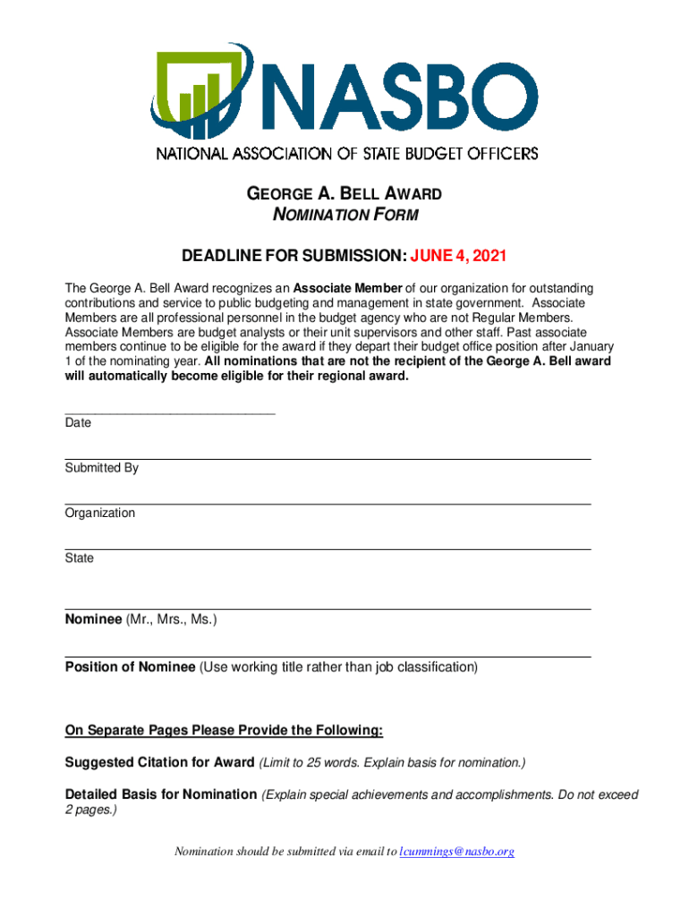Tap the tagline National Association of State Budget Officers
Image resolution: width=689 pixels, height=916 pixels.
(347, 153)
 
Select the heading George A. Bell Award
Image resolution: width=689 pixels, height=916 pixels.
(344, 194)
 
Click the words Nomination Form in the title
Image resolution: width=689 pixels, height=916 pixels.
(344, 215)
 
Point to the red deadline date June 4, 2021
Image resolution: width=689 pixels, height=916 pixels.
(458, 257)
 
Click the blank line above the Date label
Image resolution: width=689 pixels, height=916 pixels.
(170, 413)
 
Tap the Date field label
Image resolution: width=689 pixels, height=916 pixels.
(78, 423)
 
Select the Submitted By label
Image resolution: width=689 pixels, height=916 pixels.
(101, 468)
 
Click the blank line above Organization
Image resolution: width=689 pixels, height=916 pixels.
(327, 504)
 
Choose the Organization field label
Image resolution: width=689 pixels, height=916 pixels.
(99, 513)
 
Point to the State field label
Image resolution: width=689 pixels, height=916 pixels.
(79, 558)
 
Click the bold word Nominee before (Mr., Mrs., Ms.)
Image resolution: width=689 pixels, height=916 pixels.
(93, 619)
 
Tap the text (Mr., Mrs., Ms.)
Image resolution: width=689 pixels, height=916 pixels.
(171, 619)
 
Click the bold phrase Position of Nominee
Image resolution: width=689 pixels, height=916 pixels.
(130, 667)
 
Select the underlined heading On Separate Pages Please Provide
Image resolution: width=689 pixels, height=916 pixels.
(224, 731)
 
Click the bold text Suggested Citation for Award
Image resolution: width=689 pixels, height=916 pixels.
(159, 763)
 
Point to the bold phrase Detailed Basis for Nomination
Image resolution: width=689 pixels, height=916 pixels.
(161, 794)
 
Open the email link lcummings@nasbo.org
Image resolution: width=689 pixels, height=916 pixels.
(456, 852)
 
